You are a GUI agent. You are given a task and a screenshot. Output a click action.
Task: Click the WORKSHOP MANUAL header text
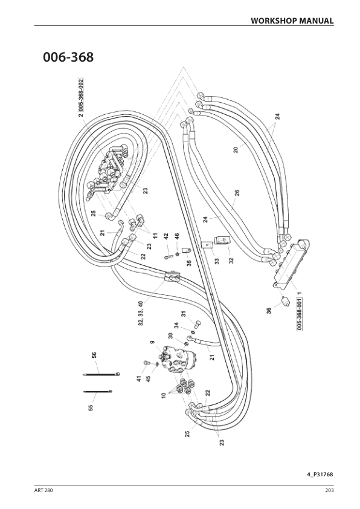[292, 21]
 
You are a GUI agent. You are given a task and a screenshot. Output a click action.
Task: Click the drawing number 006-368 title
[68, 57]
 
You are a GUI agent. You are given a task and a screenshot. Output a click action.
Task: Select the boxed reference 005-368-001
[300, 314]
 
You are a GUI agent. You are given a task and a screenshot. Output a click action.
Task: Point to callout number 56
[94, 355]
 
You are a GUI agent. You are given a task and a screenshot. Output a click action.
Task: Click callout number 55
[91, 407]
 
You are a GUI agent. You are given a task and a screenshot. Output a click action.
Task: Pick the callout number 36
[269, 311]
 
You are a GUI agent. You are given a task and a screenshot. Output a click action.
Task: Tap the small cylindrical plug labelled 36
[284, 301]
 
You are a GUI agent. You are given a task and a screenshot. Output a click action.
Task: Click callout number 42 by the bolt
[166, 236]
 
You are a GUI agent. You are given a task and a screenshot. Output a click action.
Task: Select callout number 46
[177, 236]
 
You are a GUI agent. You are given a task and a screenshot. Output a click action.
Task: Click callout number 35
[190, 262]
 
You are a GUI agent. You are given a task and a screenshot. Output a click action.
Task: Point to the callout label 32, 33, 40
[141, 314]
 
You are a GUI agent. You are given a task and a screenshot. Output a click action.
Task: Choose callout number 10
[164, 395]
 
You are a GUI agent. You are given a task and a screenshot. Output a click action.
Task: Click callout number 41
[139, 378]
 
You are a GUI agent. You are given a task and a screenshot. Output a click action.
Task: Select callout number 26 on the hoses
[237, 193]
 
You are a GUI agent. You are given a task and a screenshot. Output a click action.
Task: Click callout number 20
[236, 150]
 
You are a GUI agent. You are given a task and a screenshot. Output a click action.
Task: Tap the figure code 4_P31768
[320, 475]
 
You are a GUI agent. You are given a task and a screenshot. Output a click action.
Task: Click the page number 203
[329, 490]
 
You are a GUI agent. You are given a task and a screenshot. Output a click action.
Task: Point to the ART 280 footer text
[43, 490]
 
